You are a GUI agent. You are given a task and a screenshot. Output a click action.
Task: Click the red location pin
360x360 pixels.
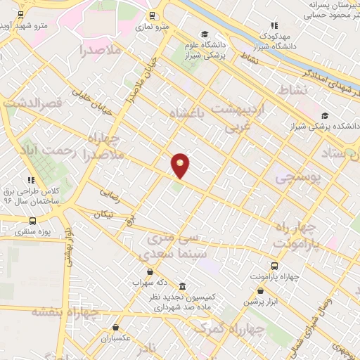pyautogui.click(x=181, y=165)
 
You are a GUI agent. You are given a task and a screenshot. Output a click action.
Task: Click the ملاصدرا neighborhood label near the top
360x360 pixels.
pyautogui.click(x=101, y=50)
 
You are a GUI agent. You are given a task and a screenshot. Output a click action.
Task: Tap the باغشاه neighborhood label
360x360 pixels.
pyautogui.click(x=191, y=112)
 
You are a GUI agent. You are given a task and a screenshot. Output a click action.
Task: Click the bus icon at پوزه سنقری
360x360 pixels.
pyautogui.click(x=33, y=221)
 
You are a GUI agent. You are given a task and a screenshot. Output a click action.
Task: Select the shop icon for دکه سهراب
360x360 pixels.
pyautogui.click(x=149, y=271)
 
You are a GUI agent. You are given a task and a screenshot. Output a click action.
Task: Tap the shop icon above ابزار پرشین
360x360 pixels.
pyautogui.click(x=261, y=290)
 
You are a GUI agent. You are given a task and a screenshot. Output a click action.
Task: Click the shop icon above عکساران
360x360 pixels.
pyautogui.click(x=115, y=327)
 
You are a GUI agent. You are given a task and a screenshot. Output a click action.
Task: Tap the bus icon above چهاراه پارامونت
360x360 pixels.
pyautogui.click(x=274, y=266)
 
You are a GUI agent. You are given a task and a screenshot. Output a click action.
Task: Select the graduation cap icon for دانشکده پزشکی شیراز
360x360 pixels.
pyautogui.click(x=324, y=116)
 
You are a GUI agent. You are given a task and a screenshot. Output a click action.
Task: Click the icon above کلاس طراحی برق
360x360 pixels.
pyautogui.click(x=30, y=181)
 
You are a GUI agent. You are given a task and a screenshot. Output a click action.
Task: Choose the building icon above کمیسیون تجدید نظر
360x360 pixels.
pyautogui.click(x=183, y=286)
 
